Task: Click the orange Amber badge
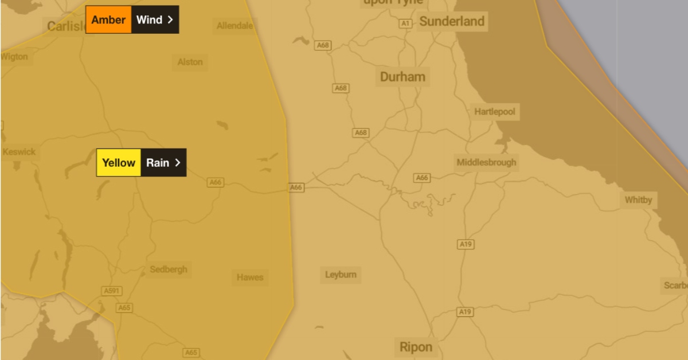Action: point(108,20)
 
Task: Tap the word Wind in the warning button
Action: point(149,20)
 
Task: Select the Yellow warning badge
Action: point(119,163)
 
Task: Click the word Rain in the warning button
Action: point(158,163)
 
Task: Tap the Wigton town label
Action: point(14,57)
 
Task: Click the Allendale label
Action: point(234,26)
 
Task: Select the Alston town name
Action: point(190,62)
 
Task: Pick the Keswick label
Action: point(19,152)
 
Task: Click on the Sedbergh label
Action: point(168,269)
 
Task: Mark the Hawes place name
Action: point(250,277)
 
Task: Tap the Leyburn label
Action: point(341,275)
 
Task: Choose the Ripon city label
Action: point(416,347)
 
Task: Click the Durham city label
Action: point(402,77)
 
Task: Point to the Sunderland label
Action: point(452,22)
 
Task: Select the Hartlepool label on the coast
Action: point(494,112)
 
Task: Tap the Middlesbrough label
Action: point(486,162)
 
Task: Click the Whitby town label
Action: point(638,200)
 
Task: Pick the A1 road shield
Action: point(406,24)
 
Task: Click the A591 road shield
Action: point(111,291)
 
